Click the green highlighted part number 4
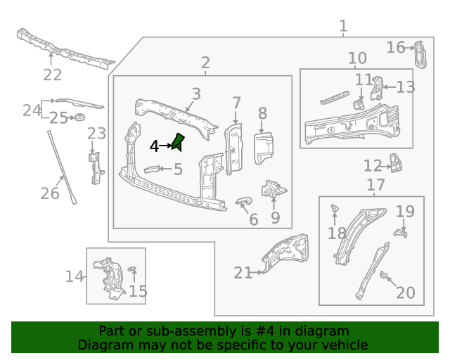click(178, 142)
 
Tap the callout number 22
click(53, 75)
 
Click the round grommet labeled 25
click(80, 117)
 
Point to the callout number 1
click(343, 27)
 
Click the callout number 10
click(357, 58)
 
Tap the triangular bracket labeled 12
click(398, 165)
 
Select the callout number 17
click(376, 185)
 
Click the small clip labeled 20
click(385, 275)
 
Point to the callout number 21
click(243, 273)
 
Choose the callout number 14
click(75, 276)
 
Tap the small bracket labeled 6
click(243, 202)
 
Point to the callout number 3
click(196, 94)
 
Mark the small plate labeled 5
click(151, 169)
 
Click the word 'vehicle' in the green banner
click(345, 345)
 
